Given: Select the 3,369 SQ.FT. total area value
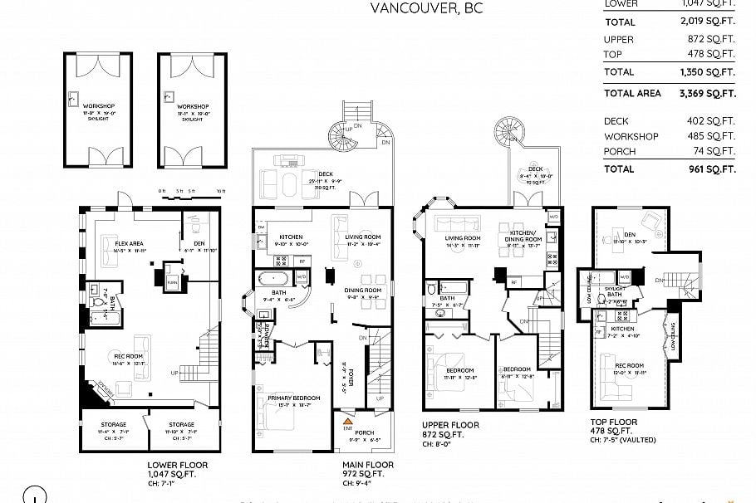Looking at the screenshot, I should pos(707,94).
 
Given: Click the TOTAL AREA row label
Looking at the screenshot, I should pos(632,94).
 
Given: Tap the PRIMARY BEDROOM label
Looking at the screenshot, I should pos(294,398).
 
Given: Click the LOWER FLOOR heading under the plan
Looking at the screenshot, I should pos(178,465).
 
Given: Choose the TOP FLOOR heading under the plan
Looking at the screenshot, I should pos(614,422).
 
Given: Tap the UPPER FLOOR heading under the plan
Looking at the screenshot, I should pos(450,425).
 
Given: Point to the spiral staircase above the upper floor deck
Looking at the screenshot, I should pos(508,129).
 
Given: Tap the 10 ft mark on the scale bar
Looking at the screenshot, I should pos(220,191).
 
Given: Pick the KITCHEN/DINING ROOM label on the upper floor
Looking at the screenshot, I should pos(524,237).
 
